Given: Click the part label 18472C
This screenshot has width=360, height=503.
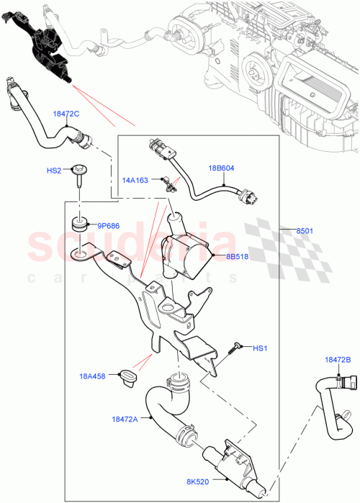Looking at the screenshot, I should tap(66, 114).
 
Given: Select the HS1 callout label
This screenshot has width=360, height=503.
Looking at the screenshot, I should tap(258, 349).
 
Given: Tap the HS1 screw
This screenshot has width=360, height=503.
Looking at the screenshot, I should tap(236, 348).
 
